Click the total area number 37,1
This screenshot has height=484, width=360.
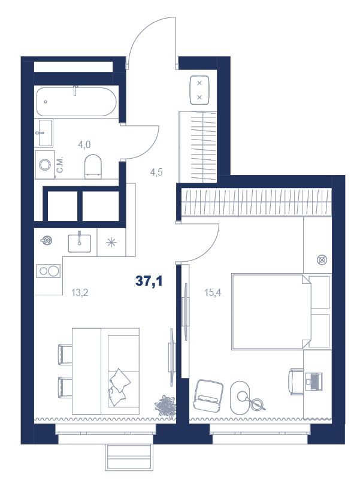[x=149, y=281]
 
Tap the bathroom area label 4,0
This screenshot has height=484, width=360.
[x=84, y=144]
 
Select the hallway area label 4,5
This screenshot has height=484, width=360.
[x=156, y=172]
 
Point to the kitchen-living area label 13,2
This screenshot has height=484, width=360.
[x=80, y=292]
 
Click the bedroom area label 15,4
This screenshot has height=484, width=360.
[x=213, y=292]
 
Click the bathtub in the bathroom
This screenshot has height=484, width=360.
[x=76, y=102]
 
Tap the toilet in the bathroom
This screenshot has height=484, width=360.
[x=93, y=166]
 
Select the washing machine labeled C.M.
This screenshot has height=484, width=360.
[x=45, y=165]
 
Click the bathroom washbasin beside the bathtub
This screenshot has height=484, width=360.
[x=45, y=133]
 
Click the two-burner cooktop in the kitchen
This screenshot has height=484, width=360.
[x=48, y=271]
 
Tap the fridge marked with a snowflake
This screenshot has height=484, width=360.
[x=111, y=243]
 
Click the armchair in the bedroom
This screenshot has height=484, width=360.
[x=208, y=395]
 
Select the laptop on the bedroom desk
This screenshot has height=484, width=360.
[x=314, y=382]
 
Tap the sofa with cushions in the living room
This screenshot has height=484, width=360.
[x=120, y=371]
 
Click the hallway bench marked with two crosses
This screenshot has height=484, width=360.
[x=199, y=90]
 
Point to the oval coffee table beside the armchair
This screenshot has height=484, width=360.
[x=242, y=396]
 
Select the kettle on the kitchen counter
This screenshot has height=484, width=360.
[x=47, y=240]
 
